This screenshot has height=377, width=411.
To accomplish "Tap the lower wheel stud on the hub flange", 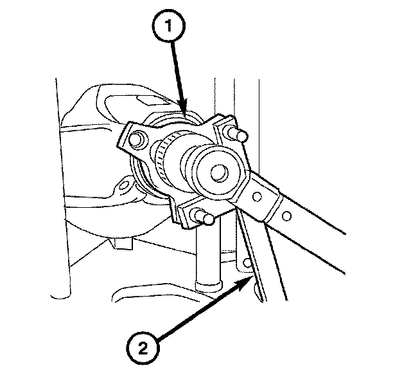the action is click(204, 219).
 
